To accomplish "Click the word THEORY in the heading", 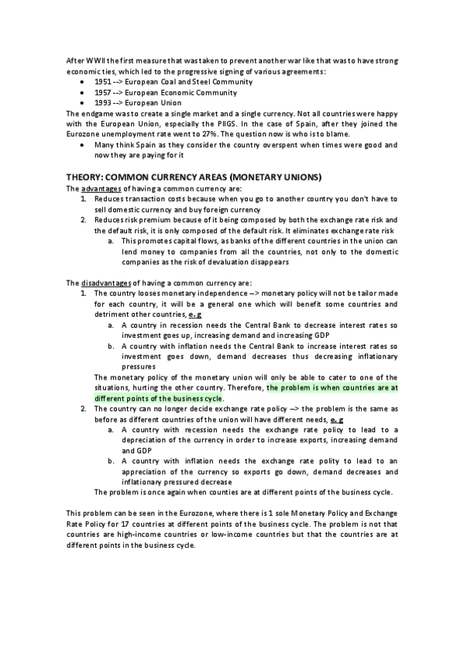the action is tap(86, 177).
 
